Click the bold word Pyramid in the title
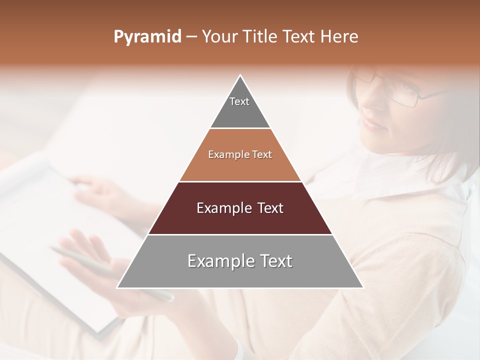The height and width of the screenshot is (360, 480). click(x=147, y=37)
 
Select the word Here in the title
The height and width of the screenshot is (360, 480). click(x=339, y=36)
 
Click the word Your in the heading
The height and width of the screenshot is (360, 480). click(x=220, y=36)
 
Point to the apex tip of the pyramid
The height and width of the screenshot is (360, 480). click(x=240, y=76)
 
